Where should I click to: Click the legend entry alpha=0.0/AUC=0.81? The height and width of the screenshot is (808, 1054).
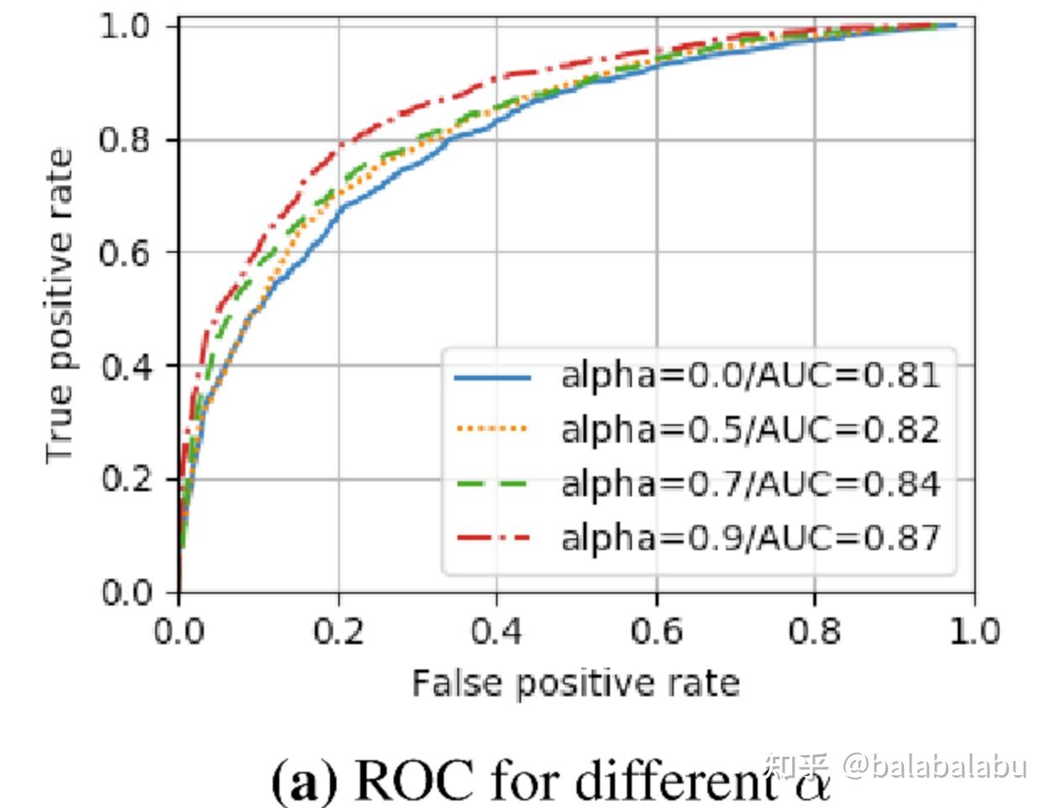point(749,375)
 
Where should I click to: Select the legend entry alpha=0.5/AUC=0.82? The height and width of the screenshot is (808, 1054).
point(749,429)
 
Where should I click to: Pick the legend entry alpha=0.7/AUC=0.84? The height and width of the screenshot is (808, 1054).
point(749,484)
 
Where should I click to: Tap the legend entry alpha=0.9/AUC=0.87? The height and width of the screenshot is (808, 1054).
point(749,537)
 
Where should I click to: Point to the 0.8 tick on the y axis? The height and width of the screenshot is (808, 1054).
point(125,139)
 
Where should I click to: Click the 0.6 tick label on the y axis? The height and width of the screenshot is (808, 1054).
point(125,253)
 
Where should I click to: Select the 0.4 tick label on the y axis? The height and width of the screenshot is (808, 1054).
point(125,366)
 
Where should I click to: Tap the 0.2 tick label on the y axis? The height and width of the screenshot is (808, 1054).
point(125,480)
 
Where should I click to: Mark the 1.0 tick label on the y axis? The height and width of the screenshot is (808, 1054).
point(125,26)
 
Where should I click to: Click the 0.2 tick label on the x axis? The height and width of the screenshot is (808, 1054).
point(338,630)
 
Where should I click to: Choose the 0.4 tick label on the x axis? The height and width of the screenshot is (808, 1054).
point(497,630)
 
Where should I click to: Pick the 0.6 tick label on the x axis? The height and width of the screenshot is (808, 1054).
point(656,630)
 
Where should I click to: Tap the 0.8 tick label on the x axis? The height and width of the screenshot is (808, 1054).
point(814,630)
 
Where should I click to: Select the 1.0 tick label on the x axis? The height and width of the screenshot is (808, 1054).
point(973,630)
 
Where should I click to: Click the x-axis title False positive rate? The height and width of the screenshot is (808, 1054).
point(576,683)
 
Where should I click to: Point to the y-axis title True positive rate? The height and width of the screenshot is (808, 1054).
point(60,307)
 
